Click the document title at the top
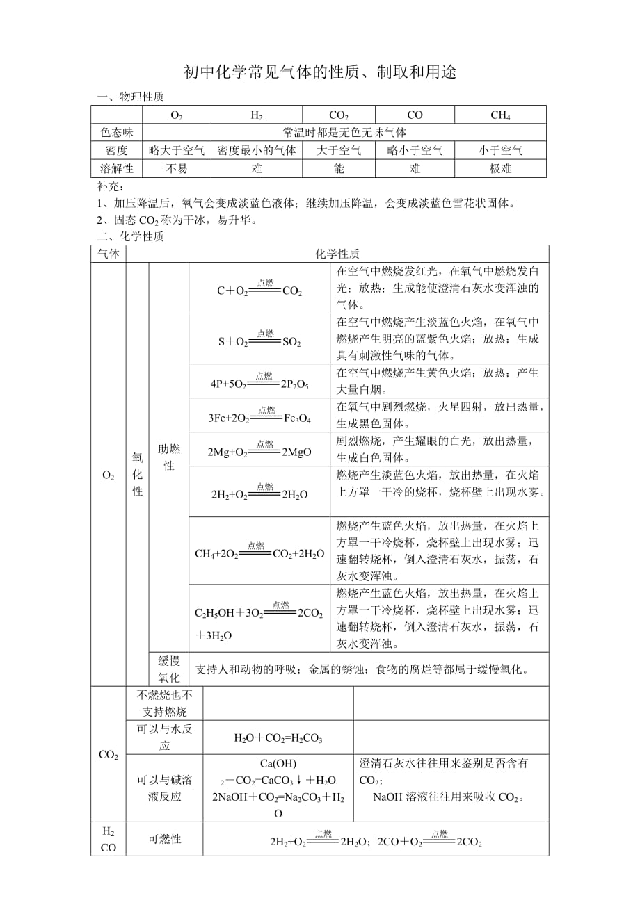point(320,72)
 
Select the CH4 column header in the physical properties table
point(500,115)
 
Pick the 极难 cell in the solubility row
point(500,169)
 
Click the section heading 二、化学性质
point(130,236)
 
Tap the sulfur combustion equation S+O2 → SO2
point(259,341)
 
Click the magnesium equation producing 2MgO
point(259,451)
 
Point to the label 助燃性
point(168,457)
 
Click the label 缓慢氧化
point(168,669)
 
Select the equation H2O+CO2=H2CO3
point(278,738)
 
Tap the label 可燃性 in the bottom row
point(165,839)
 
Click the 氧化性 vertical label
point(137,474)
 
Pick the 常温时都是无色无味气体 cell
point(344,133)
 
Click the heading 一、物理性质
point(130,97)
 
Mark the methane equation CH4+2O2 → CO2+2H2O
point(259,553)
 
